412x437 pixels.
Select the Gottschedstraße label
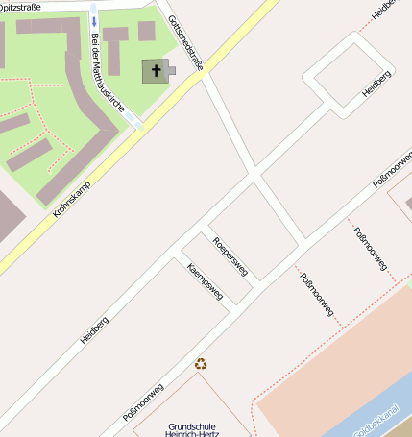pos(185,45)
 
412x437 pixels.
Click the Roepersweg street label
pos(230,256)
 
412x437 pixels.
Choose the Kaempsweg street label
pos(205,281)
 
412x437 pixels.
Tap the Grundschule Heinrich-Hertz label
pos(192,429)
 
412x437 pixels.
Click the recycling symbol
pos(201,363)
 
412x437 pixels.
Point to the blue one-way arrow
pos(93,18)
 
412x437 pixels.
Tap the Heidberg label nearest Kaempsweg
pos(94,329)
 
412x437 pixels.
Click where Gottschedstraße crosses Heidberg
pos(254,175)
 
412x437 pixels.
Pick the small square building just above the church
pos(146,31)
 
